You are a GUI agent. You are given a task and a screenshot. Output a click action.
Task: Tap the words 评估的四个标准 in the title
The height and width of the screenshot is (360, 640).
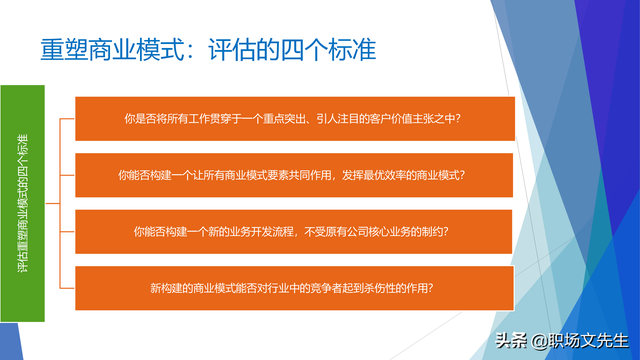tap(290, 50)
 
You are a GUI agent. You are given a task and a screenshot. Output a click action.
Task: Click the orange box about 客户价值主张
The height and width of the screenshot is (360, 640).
tap(295, 119)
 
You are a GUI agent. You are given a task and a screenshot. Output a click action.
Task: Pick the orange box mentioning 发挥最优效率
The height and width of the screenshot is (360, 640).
tap(295, 175)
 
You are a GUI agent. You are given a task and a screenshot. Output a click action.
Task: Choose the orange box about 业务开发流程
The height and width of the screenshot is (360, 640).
tap(295, 231)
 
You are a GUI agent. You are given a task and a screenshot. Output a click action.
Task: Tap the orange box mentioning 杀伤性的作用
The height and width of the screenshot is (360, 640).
tap(295, 287)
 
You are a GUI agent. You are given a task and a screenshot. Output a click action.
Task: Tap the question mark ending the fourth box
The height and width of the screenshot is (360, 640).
tap(441, 287)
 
